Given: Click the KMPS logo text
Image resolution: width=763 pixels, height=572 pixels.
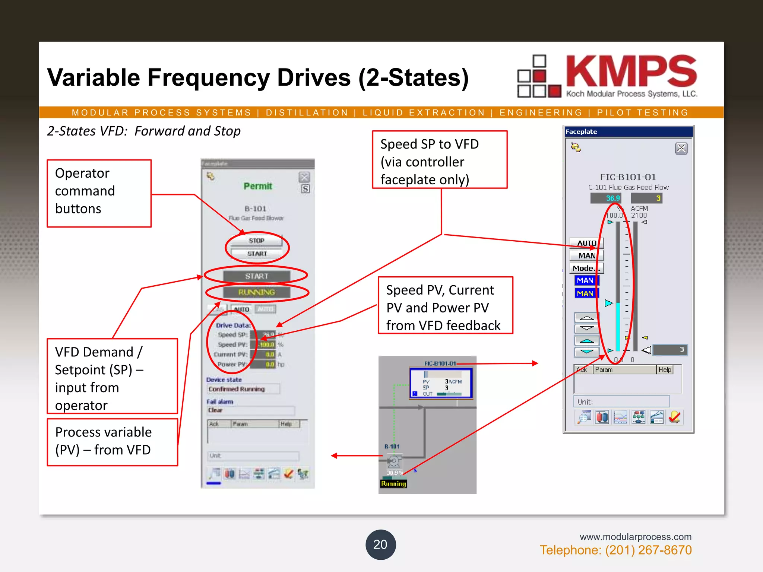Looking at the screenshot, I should coord(631,71).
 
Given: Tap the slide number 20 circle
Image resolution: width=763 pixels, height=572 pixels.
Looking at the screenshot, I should coord(380,544).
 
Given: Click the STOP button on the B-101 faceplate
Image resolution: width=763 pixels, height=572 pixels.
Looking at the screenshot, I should coord(256,241).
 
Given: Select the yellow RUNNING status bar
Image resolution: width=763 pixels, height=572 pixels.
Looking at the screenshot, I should coord(257,292).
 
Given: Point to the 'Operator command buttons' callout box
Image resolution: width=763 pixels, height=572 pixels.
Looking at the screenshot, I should coord(99,193).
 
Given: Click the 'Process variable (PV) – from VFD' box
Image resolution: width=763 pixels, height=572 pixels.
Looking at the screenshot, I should coord(112,442).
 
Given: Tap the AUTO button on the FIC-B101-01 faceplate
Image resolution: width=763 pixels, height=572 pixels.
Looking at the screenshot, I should coord(586,243).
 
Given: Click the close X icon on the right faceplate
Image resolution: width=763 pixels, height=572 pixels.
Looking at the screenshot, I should coord(681,149).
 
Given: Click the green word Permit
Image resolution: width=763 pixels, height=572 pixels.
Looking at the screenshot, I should coord(258,186).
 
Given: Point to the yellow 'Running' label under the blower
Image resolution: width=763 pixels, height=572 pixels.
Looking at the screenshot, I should coord(393,484).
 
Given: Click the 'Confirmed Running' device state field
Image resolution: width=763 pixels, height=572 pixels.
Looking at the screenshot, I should coord(243,389).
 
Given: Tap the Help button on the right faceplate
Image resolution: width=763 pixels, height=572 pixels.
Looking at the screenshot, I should coord(665,370).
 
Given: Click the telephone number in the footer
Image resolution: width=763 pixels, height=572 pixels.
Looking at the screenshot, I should coord(615,550).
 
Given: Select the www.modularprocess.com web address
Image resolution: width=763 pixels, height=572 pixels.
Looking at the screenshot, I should coord(635,537).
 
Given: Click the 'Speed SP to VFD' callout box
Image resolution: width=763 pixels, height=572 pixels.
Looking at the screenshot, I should coord(440,160).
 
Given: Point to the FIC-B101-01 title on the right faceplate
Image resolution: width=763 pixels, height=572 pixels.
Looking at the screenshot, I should coord(628,177).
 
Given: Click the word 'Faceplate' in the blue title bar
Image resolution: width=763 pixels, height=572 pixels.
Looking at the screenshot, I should coord(581,131).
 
